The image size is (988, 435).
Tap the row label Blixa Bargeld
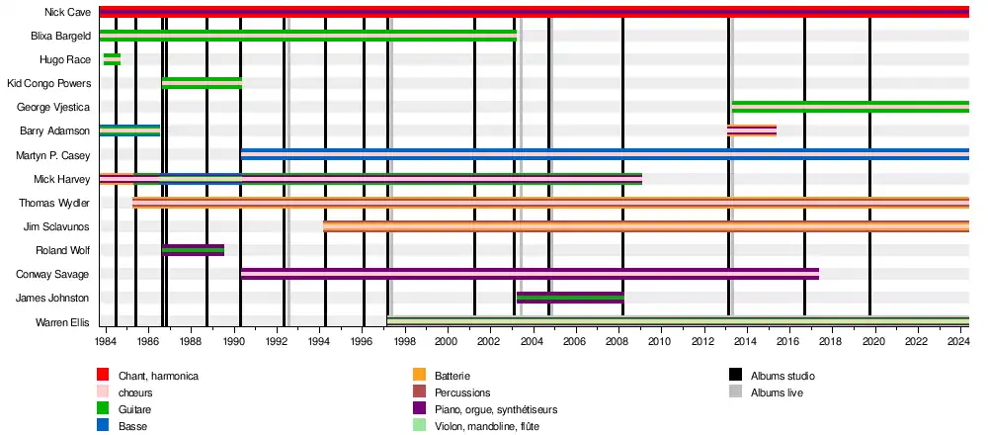pos(61,37)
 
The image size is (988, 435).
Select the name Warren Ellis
pos(63,322)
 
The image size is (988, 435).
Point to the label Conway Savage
pos(57,274)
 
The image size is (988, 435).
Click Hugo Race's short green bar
pos(112,59)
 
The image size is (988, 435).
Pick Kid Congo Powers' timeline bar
pos(202,83)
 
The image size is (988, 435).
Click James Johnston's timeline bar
pos(570,298)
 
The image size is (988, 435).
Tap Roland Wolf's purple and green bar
pos(194,250)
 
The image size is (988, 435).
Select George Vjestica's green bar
pos(850,107)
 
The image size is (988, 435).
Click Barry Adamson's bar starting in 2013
pos(752,130)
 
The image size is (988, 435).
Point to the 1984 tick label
pos(106,341)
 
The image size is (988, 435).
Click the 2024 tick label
pos(956,341)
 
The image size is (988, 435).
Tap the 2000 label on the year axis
pos(447,341)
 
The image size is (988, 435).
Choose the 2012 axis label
pos(702,341)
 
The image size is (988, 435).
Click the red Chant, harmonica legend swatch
pos(103,375)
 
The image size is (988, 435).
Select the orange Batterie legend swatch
pos(419,375)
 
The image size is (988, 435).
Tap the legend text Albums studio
pos(782,376)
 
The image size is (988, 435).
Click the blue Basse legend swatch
pos(103,425)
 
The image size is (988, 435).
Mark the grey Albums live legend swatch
pos(735,391)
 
